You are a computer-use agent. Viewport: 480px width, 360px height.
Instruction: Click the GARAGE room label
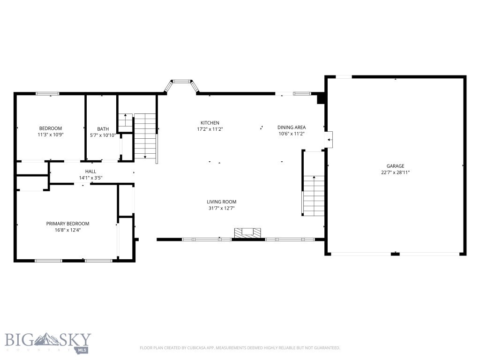[395, 166]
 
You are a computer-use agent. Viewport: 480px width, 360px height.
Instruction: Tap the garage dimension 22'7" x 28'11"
[395, 172]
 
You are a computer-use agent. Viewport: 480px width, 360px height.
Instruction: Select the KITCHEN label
[210, 123]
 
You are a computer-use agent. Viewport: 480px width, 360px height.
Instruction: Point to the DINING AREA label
[291, 127]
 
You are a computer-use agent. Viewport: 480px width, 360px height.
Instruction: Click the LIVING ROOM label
[222, 202]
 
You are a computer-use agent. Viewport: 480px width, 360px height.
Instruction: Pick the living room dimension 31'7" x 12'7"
[222, 208]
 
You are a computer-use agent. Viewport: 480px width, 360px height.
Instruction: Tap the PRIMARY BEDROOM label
[67, 224]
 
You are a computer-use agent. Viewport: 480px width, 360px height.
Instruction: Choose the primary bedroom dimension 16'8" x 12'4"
[67, 230]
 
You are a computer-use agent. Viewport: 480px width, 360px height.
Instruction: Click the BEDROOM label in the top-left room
[50, 128]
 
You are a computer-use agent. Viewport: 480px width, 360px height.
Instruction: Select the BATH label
[103, 129]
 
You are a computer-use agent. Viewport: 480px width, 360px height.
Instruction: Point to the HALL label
[90, 172]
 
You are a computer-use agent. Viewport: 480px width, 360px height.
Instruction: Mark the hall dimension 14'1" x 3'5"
[90, 178]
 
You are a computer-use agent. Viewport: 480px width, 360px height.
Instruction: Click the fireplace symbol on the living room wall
[247, 232]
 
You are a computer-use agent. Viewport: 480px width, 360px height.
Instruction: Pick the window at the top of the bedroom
[48, 94]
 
